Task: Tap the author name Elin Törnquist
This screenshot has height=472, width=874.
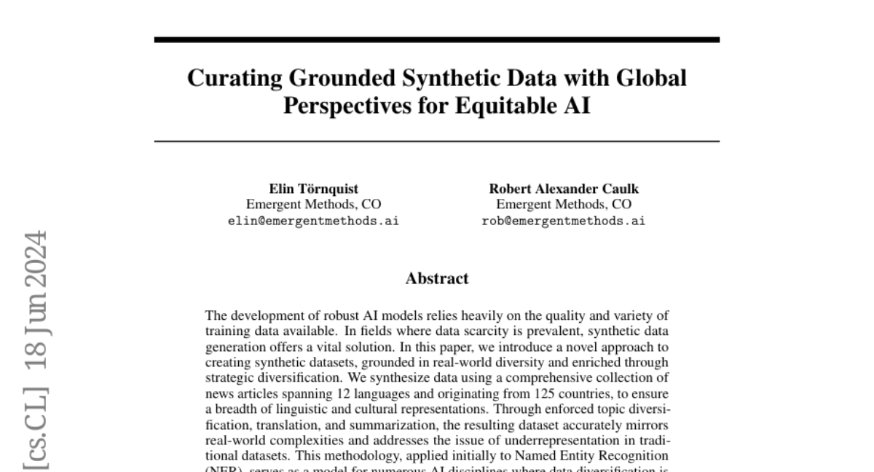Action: pyautogui.click(x=313, y=189)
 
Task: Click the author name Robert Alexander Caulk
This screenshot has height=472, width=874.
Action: pyautogui.click(x=564, y=189)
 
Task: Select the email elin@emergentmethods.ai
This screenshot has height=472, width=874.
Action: pyautogui.click(x=313, y=221)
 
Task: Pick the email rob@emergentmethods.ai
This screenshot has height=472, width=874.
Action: pyautogui.click(x=564, y=221)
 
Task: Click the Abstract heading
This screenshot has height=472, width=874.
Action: pyautogui.click(x=437, y=278)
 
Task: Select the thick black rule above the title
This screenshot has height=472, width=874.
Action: pyautogui.click(x=437, y=39)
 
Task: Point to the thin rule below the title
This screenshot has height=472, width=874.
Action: pyautogui.click(x=437, y=141)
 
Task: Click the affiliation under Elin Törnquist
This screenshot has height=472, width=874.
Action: pyautogui.click(x=313, y=205)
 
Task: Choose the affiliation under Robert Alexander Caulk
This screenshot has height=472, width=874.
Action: pyautogui.click(x=564, y=205)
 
